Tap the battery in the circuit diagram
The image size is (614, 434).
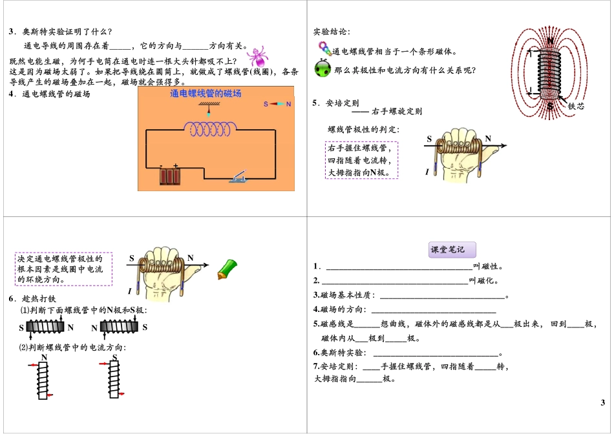coord(170,176)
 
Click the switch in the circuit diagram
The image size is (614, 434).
coord(238,176)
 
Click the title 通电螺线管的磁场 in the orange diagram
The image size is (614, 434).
coord(206,94)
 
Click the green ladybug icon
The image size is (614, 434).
coord(323,69)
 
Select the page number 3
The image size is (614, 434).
coord(602,403)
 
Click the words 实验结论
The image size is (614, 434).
coord(332,32)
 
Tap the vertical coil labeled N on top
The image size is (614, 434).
coord(44,380)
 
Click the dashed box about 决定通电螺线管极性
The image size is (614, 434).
coord(63,269)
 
